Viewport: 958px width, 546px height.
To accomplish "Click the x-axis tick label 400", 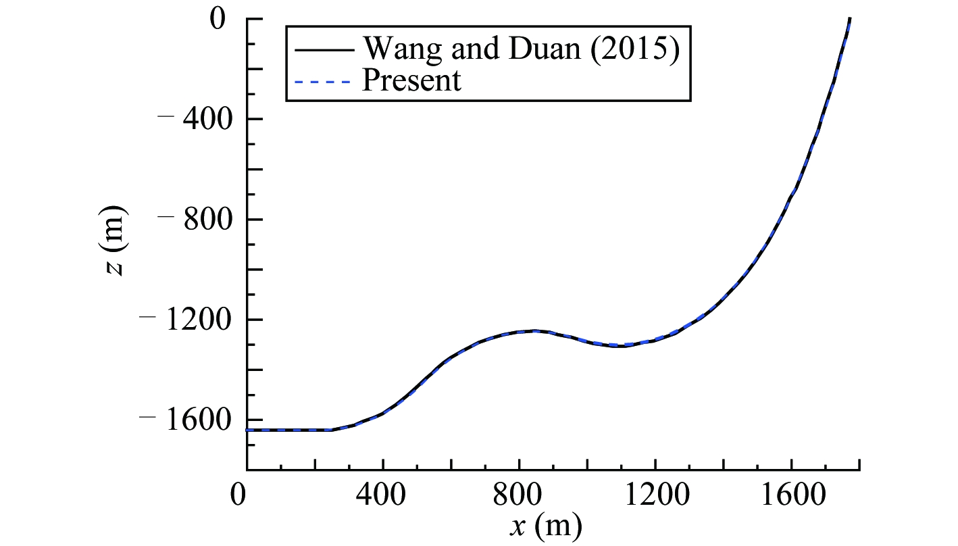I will point(382,493).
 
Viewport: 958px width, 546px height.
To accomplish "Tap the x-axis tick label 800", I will point(519,493).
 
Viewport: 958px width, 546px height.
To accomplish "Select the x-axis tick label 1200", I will point(655,493).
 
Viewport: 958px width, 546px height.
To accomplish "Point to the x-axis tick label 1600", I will point(791,493).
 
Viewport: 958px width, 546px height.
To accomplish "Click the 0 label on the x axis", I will point(237,493).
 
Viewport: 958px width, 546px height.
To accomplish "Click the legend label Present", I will point(412,80).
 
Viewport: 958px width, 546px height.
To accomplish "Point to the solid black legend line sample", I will point(324,49).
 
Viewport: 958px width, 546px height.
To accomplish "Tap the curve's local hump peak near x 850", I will point(554,330).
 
